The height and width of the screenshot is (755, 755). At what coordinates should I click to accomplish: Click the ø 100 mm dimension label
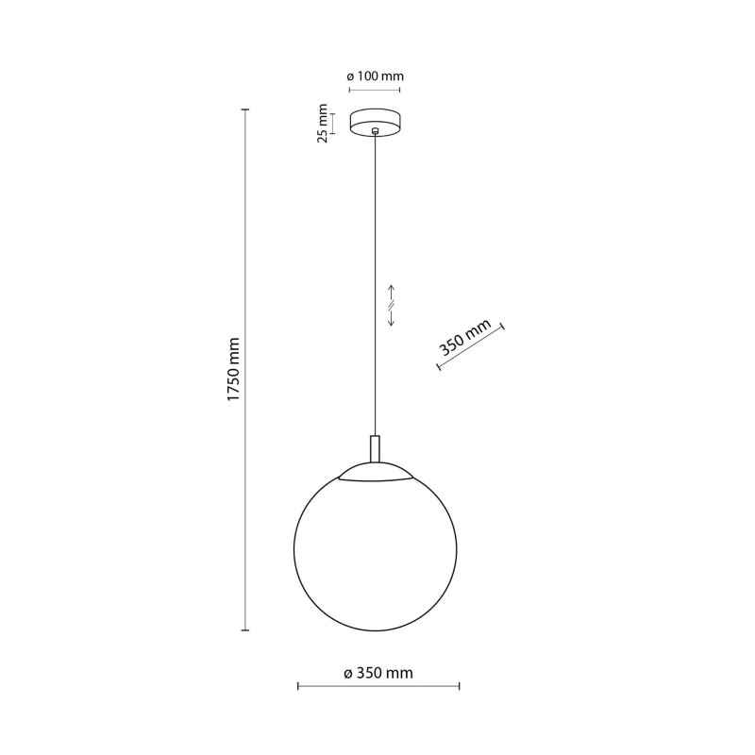(x=375, y=76)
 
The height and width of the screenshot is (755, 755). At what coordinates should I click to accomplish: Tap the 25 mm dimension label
(x=323, y=124)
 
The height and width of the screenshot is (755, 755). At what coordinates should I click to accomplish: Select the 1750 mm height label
(x=233, y=369)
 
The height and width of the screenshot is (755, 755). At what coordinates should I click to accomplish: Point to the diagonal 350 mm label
(x=465, y=336)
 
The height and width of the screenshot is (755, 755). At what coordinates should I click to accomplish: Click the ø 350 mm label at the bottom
(x=378, y=673)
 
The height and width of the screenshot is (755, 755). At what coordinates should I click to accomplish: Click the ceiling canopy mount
(x=375, y=124)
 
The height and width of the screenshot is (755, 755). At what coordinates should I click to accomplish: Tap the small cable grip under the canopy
(x=375, y=130)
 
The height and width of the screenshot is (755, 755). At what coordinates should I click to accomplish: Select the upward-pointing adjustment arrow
(x=392, y=293)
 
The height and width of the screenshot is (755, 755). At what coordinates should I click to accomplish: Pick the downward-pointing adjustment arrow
(x=392, y=318)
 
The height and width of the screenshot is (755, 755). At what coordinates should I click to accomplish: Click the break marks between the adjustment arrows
(x=392, y=305)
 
